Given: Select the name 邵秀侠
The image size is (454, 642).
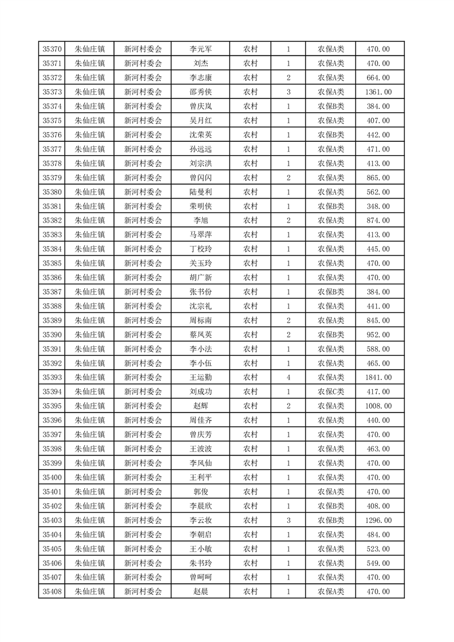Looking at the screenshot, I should (x=200, y=92).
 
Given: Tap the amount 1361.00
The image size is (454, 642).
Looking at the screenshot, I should (x=378, y=92).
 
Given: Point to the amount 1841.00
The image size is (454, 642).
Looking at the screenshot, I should (x=378, y=378).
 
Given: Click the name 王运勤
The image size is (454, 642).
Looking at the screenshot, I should (x=200, y=378).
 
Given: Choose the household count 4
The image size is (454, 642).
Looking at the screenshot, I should (x=288, y=378).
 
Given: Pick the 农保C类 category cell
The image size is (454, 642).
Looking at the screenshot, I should (x=331, y=392).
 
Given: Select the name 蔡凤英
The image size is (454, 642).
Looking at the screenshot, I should (x=200, y=335).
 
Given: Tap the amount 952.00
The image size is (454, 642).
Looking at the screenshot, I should (x=378, y=335).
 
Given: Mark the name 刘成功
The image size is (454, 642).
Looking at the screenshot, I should (x=200, y=392).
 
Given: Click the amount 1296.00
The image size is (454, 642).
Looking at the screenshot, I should (x=378, y=520).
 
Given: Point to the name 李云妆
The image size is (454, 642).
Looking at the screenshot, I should (x=200, y=520).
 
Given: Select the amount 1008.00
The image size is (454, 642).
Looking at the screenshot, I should (x=378, y=406).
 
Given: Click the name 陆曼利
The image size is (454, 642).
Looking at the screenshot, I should (x=200, y=192).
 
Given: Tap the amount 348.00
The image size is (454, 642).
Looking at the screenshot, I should (x=378, y=207).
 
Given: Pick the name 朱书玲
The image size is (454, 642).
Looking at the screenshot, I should (x=200, y=563).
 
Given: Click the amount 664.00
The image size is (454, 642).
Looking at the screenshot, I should (x=378, y=78).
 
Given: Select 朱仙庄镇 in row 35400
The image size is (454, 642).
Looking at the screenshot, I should (x=90, y=477).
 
